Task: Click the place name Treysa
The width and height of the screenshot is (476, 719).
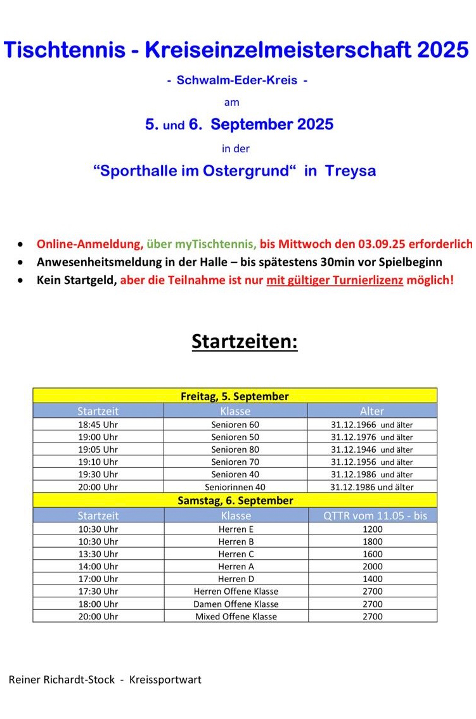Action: (x=351, y=171)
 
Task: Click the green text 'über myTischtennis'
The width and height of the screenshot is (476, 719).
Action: (x=202, y=243)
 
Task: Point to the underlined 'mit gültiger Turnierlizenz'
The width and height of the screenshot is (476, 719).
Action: (x=335, y=280)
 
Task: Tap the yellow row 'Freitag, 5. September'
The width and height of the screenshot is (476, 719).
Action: (x=235, y=396)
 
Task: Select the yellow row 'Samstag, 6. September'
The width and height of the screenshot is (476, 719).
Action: (x=235, y=500)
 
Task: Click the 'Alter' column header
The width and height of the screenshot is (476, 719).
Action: (x=372, y=411)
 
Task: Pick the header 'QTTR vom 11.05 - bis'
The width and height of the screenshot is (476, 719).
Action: (x=375, y=515)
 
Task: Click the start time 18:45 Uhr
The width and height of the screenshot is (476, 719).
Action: (x=98, y=424)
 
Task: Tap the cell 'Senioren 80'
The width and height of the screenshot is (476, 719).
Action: (x=235, y=450)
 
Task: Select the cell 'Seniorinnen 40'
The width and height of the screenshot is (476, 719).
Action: (x=235, y=487)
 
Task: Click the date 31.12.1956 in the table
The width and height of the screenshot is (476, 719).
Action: (x=354, y=462)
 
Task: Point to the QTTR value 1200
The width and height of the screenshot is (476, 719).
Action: (x=373, y=529)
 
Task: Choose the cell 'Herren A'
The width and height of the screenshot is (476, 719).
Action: (x=236, y=566)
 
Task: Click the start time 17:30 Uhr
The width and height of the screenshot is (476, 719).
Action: (x=98, y=591)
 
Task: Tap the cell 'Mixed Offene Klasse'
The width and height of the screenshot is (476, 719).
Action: (x=236, y=616)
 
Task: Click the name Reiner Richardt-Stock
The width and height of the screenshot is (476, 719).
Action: (x=62, y=680)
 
